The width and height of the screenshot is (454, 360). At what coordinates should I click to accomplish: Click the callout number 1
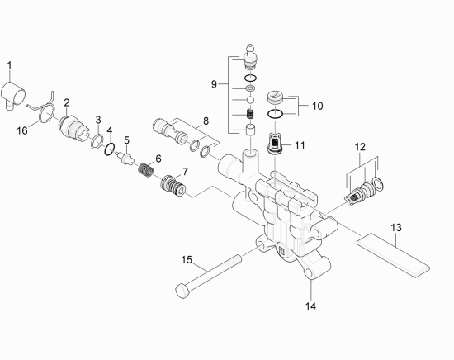[10, 65]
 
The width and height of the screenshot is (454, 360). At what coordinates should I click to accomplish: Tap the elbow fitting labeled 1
[13, 95]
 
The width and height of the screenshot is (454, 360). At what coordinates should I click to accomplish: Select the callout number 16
[22, 130]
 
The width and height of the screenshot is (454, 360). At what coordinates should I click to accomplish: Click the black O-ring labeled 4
[110, 149]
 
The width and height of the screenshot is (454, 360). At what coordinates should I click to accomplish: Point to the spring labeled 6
[145, 169]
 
